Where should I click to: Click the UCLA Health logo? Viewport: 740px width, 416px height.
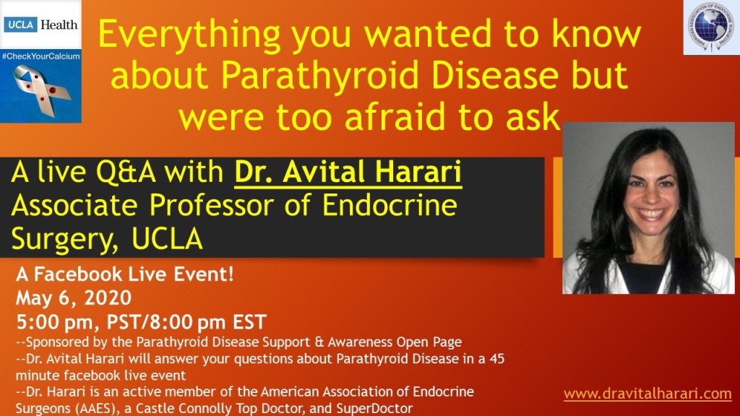pyautogui.click(x=41, y=24)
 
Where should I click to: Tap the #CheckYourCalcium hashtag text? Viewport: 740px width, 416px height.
pyautogui.click(x=40, y=55)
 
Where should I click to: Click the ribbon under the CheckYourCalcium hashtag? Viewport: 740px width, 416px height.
pyautogui.click(x=40, y=91)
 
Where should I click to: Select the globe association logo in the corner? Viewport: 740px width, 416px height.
pyautogui.click(x=710, y=27)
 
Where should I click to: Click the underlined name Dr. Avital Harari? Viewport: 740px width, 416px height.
pyautogui.click(x=348, y=173)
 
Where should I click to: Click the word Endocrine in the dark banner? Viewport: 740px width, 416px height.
pyautogui.click(x=392, y=206)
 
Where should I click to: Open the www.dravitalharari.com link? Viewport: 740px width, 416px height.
pyautogui.click(x=647, y=394)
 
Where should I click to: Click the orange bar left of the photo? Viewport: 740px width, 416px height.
pyautogui.click(x=557, y=208)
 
